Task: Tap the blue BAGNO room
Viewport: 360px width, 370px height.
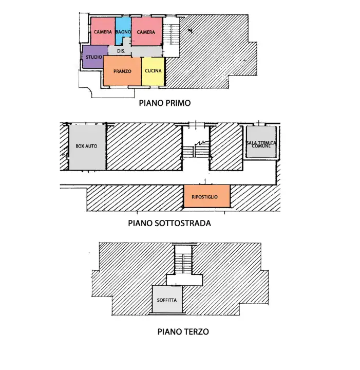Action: pos(123,32)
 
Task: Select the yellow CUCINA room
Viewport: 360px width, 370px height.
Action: pos(153,71)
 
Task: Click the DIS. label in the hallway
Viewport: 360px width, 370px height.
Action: pos(121,51)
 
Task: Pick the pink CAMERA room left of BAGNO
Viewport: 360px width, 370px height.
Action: pos(103,32)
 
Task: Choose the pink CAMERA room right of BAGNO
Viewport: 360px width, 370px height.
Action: pos(146,32)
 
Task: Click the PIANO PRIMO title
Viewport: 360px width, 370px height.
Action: pos(165,103)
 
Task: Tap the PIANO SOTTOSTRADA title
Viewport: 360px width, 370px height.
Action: pos(169,224)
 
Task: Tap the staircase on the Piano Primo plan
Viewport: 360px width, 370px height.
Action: pos(172,36)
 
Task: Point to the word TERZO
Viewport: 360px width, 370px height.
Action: pos(197,332)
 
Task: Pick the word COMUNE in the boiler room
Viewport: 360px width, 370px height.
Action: pos(261,146)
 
